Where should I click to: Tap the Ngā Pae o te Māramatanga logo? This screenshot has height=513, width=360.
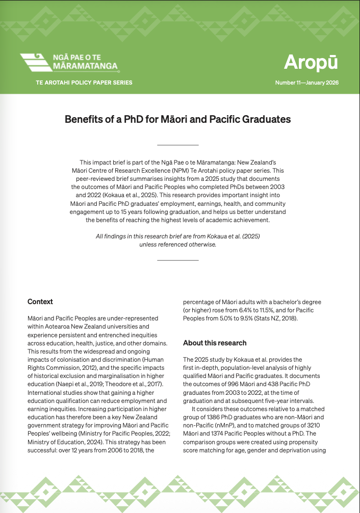click(x=69, y=63)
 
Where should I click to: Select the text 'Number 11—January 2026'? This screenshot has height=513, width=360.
click(x=306, y=83)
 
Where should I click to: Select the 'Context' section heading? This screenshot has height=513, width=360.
click(x=40, y=302)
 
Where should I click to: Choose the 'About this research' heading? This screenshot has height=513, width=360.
click(x=215, y=343)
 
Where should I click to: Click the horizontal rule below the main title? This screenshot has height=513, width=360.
click(x=177, y=145)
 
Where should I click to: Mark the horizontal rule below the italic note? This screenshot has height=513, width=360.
click(x=177, y=260)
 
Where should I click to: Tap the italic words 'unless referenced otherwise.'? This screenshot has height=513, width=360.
click(x=177, y=244)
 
